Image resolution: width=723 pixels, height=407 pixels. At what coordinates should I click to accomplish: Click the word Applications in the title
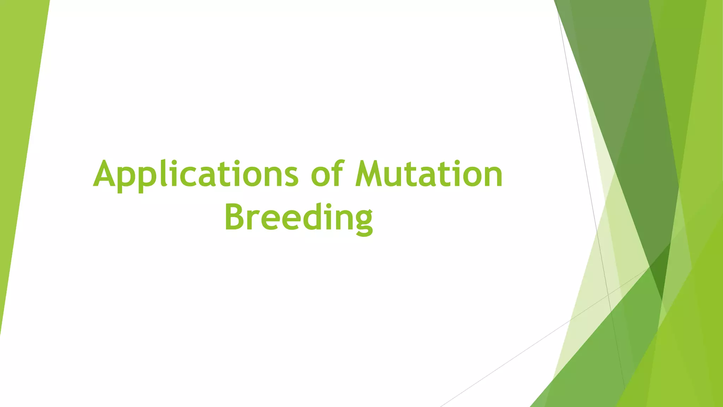196,175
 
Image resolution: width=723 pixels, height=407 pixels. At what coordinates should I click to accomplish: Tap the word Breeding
299,217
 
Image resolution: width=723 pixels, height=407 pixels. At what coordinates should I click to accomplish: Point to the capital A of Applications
105,174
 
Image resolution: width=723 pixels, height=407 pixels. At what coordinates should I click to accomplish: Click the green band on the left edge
18,141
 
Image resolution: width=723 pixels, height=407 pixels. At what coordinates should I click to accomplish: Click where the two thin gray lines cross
608,294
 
